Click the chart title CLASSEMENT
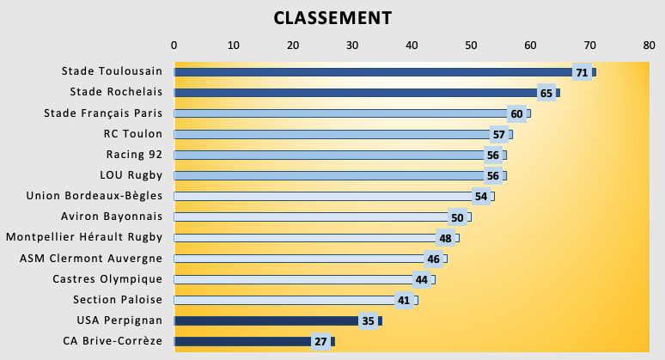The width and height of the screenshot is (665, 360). coord(332,18)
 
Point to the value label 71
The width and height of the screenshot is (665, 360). coord(582,72)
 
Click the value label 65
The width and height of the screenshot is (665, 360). coord(546,93)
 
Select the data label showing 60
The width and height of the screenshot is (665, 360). coord(516,113)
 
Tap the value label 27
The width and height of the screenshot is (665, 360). coord(320,342)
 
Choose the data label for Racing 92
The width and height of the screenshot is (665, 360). coord(492,156)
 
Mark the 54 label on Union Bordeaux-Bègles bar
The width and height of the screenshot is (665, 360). coord(481,197)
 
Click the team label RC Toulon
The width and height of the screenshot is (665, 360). coord(132,134)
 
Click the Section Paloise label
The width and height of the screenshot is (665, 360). coord(118,300)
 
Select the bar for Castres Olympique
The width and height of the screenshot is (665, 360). coord(292,279)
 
